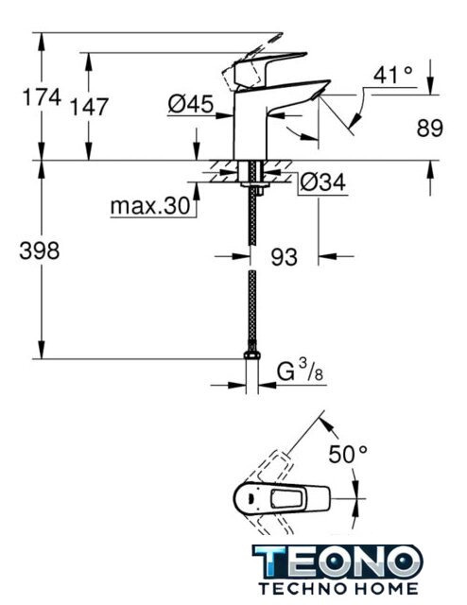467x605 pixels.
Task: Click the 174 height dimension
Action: (42, 96)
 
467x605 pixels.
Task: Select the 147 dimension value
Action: (89, 107)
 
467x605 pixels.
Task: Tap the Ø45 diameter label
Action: (191, 104)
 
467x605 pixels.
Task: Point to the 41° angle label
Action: (393, 74)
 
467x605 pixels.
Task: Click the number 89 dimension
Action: (430, 129)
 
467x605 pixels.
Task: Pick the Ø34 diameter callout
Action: (322, 181)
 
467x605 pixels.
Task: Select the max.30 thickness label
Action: (150, 206)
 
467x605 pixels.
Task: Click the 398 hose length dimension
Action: (40, 251)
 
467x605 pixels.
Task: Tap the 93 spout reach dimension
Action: (284, 256)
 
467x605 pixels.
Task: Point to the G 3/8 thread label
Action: (300, 370)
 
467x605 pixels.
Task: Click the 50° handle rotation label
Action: (348, 454)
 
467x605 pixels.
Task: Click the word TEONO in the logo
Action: (337, 562)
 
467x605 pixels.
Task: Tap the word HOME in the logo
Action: (385, 588)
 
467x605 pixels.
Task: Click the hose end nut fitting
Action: (252, 355)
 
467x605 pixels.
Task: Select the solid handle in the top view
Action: (282, 498)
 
